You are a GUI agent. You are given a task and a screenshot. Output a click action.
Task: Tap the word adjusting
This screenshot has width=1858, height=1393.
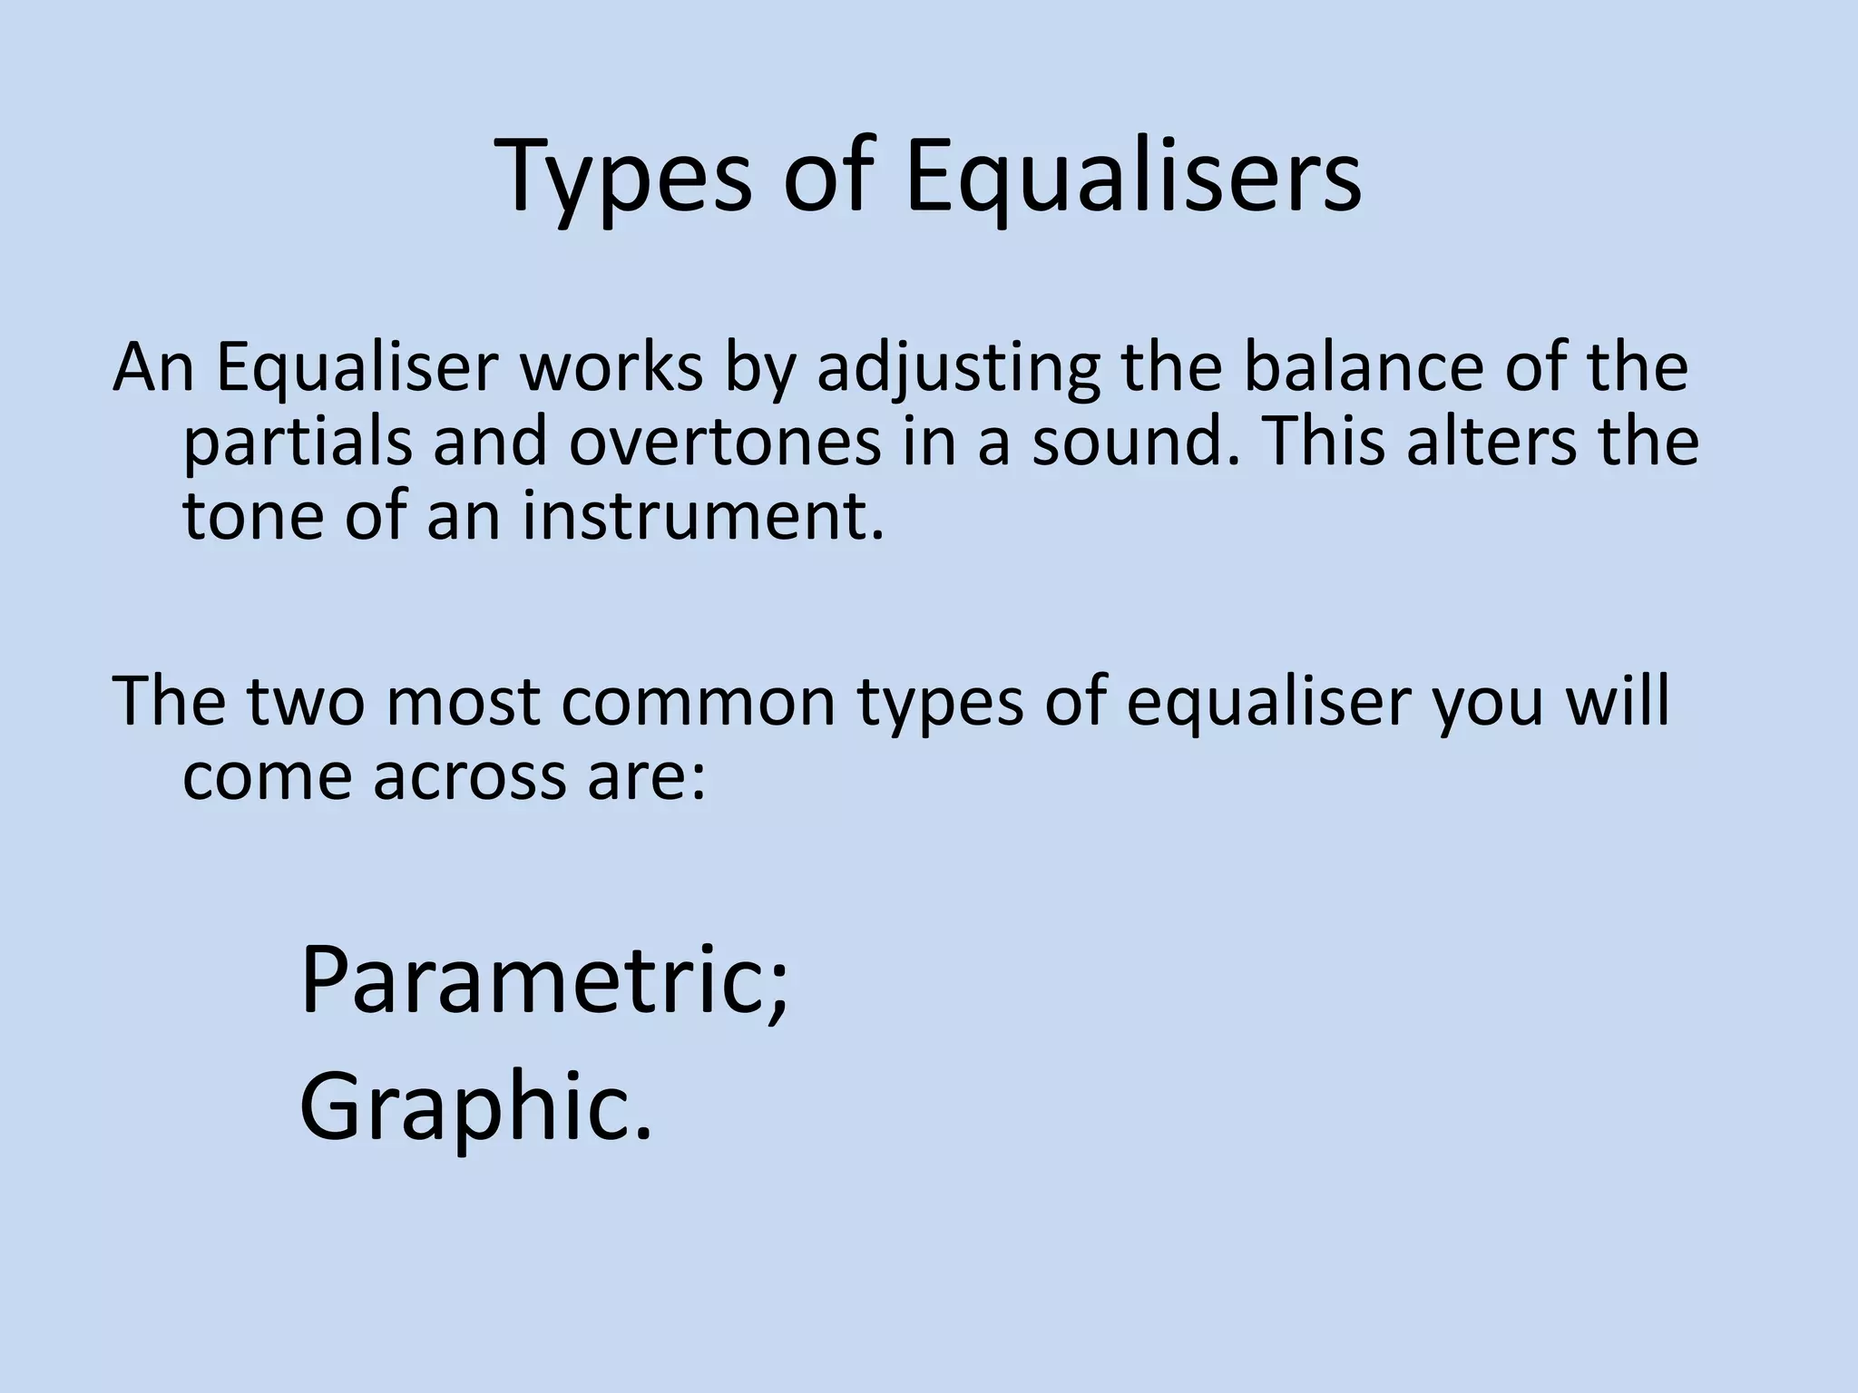click(x=958, y=370)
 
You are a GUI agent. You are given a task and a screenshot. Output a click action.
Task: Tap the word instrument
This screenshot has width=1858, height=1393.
click(x=702, y=517)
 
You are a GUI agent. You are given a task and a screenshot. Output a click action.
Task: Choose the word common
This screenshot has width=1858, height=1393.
click(x=698, y=703)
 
